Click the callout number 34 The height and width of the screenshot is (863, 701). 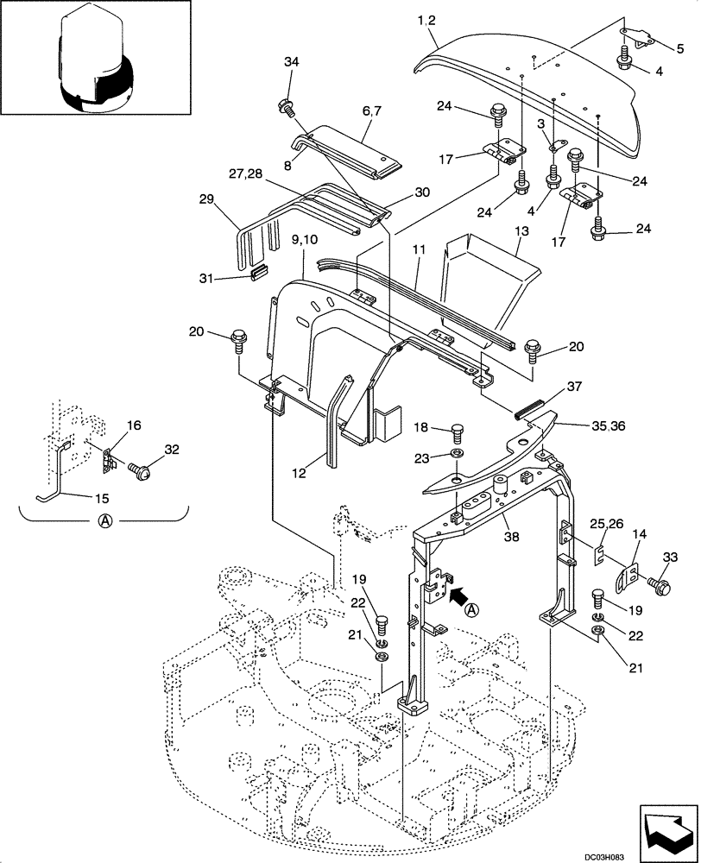pyautogui.click(x=291, y=62)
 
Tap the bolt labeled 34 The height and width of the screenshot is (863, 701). pyautogui.click(x=285, y=107)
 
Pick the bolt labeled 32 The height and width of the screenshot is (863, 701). pyautogui.click(x=140, y=471)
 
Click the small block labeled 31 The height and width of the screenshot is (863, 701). pyautogui.click(x=254, y=274)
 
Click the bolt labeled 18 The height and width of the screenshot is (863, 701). pyautogui.click(x=455, y=431)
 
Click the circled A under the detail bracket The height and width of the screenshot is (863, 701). pyautogui.click(x=102, y=521)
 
